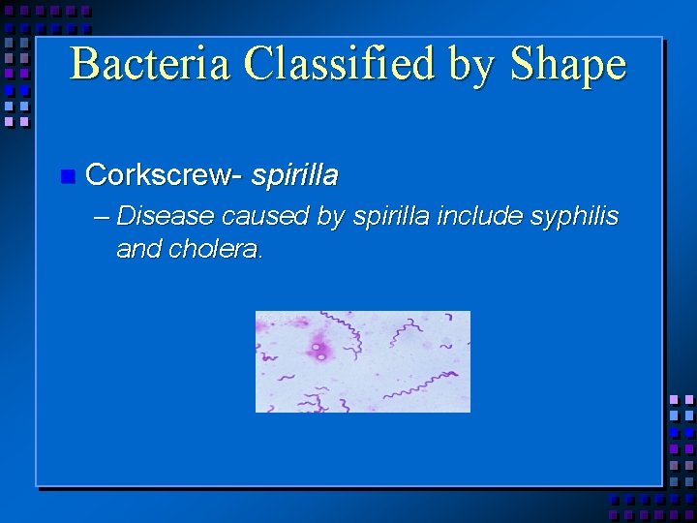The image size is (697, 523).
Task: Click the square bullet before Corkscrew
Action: pyautogui.click(x=67, y=176)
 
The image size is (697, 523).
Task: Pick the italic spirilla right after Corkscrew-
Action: pyautogui.click(x=294, y=174)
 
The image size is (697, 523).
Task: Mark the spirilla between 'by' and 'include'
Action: pyautogui.click(x=391, y=215)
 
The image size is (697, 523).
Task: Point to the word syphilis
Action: pyautogui.click(x=574, y=217)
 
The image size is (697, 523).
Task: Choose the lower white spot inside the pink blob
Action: pyautogui.click(x=321, y=356)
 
